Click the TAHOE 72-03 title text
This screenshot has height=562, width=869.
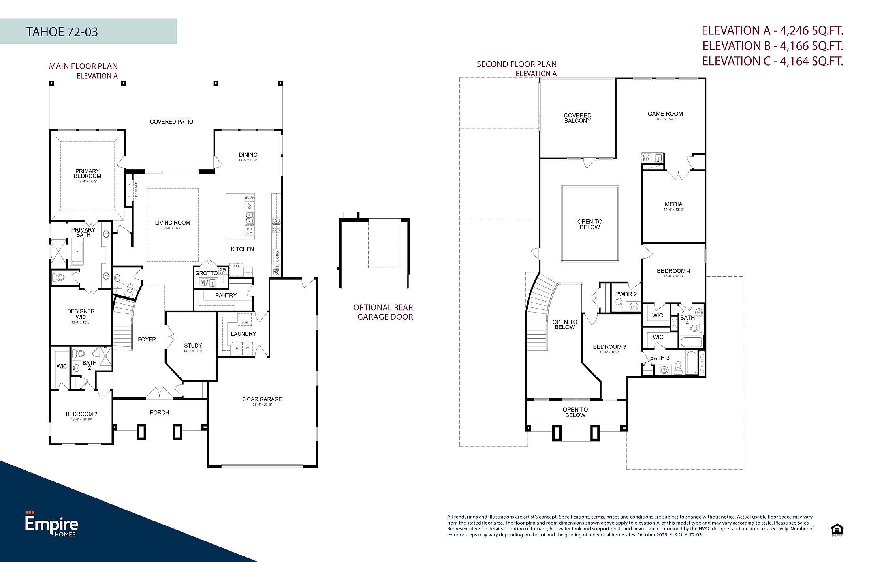62,32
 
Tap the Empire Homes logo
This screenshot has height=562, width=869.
52,524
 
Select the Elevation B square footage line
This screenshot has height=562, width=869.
772,46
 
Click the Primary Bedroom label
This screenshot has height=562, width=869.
87,174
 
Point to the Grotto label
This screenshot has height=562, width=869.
206,273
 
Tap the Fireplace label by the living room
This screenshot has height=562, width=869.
136,190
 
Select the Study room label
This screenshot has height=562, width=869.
193,345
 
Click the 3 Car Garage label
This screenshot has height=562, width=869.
262,399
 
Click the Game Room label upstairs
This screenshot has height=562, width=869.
665,114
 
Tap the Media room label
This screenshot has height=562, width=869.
673,204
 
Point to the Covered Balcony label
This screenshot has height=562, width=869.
577,118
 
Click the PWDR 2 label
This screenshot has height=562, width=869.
626,294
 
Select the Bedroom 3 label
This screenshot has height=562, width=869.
609,347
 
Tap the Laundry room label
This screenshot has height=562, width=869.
243,334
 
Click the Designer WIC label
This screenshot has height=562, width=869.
81,314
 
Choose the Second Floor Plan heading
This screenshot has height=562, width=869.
516,64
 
